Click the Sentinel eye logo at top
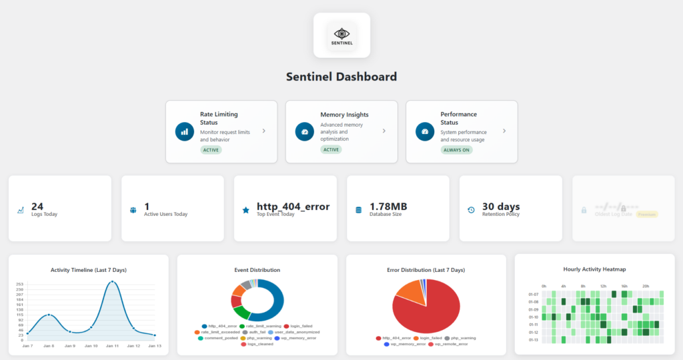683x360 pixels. [x=341, y=34]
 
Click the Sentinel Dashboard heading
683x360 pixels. [x=341, y=77]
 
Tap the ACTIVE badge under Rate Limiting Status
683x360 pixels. [x=211, y=150]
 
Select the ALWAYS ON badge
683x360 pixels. [x=455, y=150]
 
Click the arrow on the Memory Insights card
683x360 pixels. [x=384, y=131]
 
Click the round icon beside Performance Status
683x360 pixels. [x=424, y=131]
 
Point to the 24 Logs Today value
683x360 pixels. [x=37, y=207]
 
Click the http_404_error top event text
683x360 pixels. [x=293, y=207]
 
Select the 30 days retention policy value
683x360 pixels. [x=501, y=207]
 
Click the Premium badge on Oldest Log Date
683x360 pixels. [x=647, y=215]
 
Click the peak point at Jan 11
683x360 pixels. [x=112, y=283]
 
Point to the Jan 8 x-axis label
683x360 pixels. [x=49, y=347]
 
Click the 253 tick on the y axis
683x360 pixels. [x=20, y=283]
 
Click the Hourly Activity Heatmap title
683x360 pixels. [x=598, y=269]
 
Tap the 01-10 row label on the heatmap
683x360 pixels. [x=533, y=317]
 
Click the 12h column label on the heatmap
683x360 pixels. [x=603, y=287]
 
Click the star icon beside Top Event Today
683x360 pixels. [x=245, y=210]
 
